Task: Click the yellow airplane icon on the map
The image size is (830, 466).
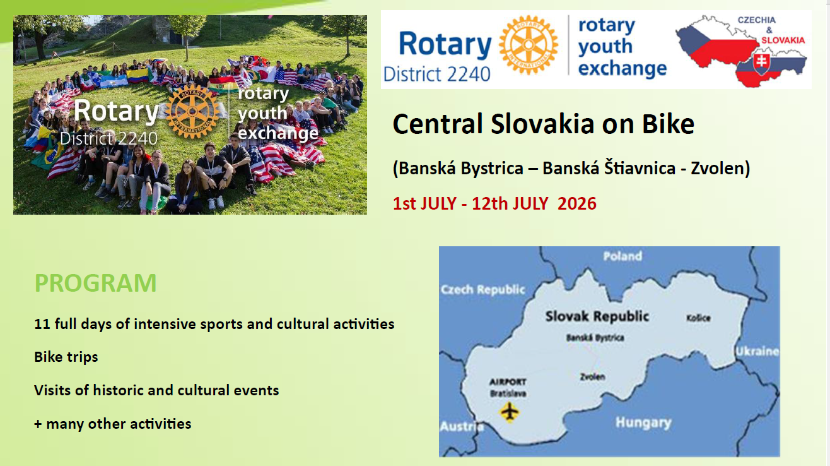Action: (510, 412)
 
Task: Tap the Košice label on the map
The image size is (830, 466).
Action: (698, 318)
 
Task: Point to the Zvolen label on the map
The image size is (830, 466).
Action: (592, 376)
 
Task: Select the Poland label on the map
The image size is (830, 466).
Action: (622, 256)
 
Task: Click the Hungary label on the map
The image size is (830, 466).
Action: (643, 423)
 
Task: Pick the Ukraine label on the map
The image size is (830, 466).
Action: (757, 351)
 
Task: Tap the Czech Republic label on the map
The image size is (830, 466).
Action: (483, 289)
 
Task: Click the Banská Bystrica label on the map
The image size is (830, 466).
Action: (595, 338)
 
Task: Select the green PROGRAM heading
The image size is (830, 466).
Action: (96, 283)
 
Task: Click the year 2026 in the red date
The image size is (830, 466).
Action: (577, 204)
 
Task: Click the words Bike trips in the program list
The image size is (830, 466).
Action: (66, 357)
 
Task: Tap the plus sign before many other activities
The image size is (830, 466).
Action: (38, 424)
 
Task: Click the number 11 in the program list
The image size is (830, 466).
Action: (42, 324)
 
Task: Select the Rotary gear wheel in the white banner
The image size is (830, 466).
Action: (529, 45)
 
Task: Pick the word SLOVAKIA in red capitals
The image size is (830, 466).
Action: (783, 40)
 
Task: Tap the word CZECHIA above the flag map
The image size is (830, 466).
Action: (757, 20)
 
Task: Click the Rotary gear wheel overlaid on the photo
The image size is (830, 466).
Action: (192, 111)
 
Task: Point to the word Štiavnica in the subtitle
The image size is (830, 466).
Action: (640, 169)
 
